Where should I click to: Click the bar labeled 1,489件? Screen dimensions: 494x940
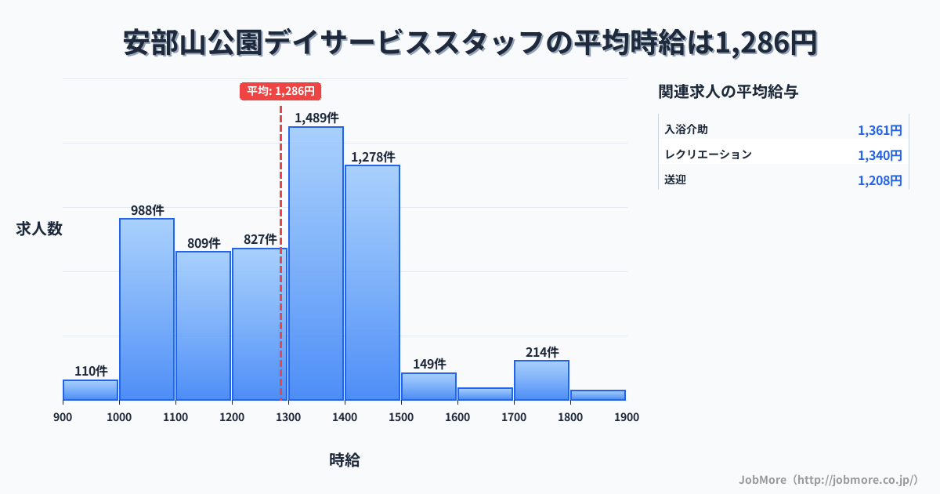[316, 263]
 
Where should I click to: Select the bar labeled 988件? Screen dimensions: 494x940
[146, 309]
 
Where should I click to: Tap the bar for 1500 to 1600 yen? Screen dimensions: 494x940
[428, 387]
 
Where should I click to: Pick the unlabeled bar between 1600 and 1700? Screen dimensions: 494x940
[485, 394]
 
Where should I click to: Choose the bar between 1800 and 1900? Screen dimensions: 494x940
[598, 395]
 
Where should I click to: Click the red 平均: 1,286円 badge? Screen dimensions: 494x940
[280, 91]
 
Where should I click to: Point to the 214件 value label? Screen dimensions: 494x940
[542, 352]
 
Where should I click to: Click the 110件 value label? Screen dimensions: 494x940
[91, 371]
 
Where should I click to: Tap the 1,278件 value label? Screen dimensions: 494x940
[373, 157]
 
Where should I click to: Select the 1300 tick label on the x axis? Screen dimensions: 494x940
[288, 417]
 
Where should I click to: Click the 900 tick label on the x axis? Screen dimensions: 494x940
[63, 417]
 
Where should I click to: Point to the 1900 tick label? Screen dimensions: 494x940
[627, 417]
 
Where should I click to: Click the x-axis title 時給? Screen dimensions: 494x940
[345, 460]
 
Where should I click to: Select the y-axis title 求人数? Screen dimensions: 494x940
[39, 229]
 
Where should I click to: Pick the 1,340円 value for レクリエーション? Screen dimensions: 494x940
[880, 155]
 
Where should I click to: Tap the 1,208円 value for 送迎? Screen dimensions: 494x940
[880, 180]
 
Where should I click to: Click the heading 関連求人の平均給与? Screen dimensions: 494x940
[728, 92]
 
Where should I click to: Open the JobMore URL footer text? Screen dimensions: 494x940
[828, 479]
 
